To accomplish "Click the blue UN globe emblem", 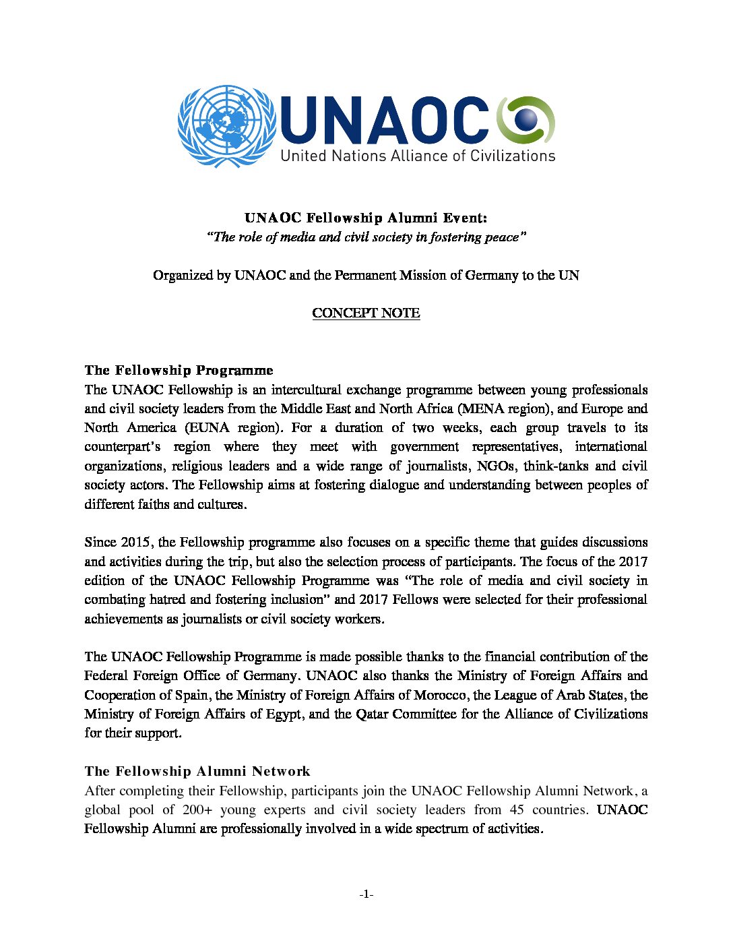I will pos(227,125).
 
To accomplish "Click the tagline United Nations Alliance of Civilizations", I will pos(418,156).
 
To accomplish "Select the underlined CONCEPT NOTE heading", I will pos(366,313).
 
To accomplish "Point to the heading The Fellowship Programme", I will pos(179,370).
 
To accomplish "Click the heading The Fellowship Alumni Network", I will pos(197,771).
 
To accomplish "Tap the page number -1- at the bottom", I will pos(366,894).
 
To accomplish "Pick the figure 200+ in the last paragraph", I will pos(196,809).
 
